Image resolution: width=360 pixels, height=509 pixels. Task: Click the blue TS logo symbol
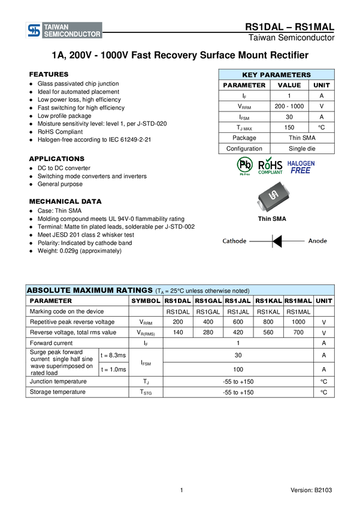point(34,31)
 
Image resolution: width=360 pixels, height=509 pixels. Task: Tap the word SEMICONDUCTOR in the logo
point(72,35)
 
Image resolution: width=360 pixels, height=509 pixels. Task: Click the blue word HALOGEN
point(301,162)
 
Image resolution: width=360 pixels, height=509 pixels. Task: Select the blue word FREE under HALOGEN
point(301,171)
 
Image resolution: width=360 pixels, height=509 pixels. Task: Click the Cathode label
point(234,241)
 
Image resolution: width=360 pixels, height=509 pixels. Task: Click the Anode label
point(317,241)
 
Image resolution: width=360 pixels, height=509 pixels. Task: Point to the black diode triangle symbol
point(277,241)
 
